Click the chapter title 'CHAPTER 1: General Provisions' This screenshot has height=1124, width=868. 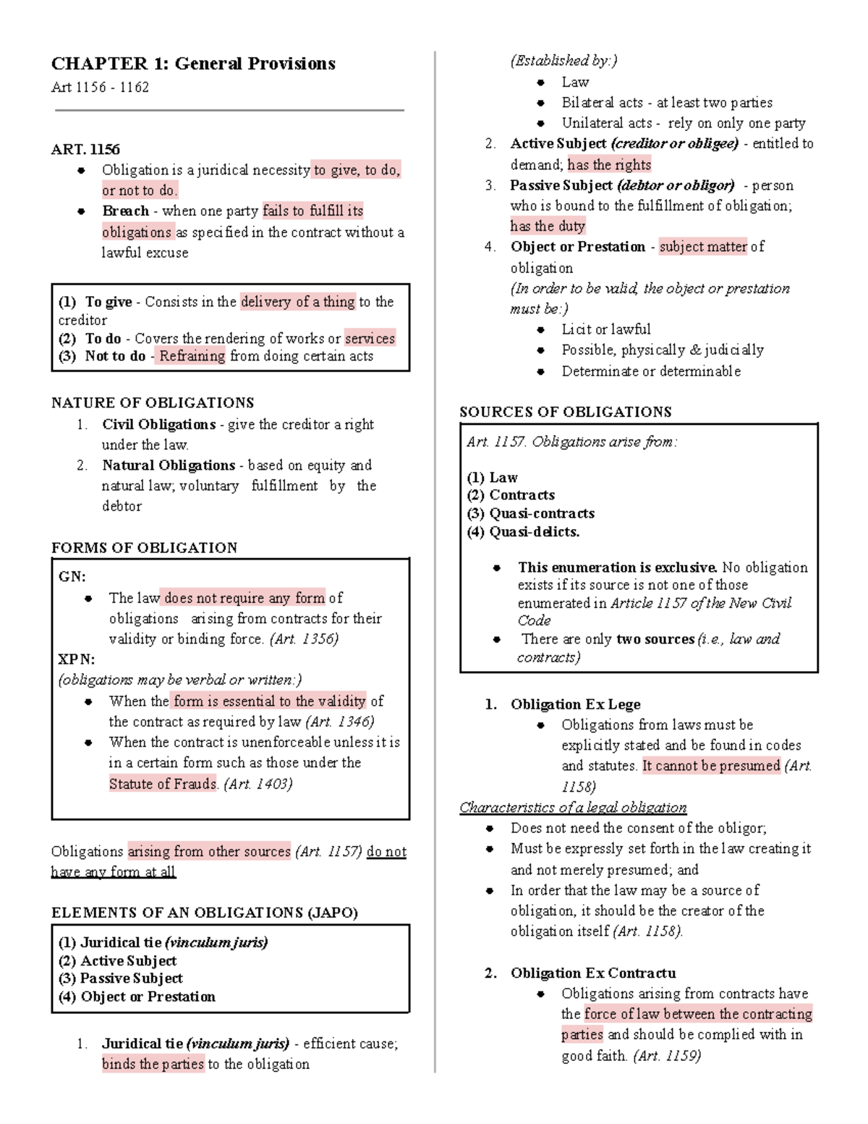click(193, 64)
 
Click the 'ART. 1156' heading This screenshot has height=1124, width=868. click(85, 149)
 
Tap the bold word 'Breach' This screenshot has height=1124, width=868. click(125, 211)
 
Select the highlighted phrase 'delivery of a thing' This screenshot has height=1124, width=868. click(297, 302)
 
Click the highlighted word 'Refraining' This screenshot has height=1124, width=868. click(192, 356)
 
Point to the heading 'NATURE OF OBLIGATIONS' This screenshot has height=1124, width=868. click(153, 402)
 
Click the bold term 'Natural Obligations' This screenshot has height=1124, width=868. click(168, 465)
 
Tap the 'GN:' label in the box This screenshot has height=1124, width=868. click(72, 577)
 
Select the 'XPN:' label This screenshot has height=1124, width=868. click(76, 659)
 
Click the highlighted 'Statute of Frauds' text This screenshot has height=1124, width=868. click(163, 784)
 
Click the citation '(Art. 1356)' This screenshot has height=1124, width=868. click(304, 639)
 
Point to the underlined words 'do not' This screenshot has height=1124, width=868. click(386, 852)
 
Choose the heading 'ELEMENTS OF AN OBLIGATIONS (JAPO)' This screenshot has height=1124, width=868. click(204, 913)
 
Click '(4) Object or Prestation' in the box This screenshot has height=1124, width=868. click(137, 997)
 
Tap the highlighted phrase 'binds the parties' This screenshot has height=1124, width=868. click(153, 1064)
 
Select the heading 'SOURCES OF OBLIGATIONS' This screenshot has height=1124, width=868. click(565, 412)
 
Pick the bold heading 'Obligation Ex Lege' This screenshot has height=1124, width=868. click(575, 704)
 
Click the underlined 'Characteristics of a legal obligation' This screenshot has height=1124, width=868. click(573, 807)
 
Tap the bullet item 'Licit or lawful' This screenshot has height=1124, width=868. click(605, 329)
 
